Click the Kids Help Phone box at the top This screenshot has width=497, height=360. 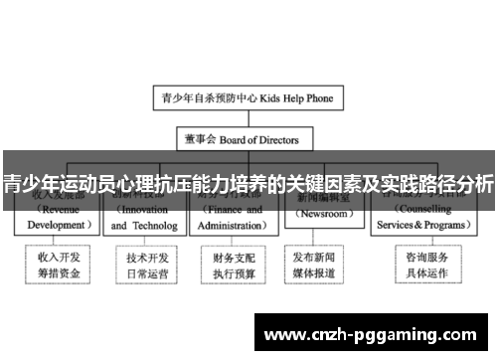pos(248,98)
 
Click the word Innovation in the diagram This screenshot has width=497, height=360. pos(142,211)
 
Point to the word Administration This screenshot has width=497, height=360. pos(231,226)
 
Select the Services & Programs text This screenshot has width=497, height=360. pos(412,226)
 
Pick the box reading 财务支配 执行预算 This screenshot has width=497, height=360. pos(231,264)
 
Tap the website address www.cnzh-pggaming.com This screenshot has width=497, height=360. pos(374,332)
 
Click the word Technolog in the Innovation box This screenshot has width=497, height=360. pos(159,226)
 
